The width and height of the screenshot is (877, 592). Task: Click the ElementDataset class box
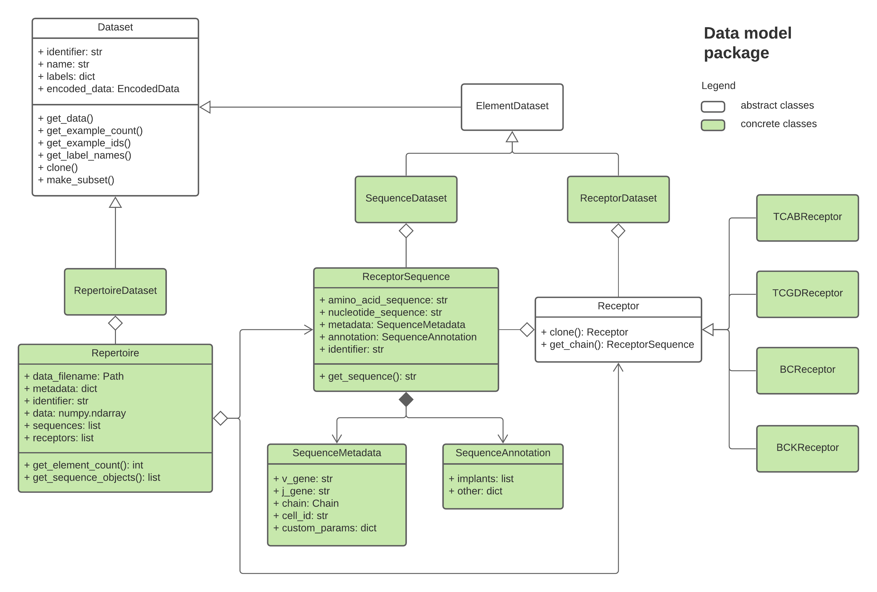coord(512,107)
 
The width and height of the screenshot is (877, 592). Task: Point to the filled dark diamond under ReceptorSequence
coord(406,399)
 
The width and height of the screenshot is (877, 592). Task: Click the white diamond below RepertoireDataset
coord(115,323)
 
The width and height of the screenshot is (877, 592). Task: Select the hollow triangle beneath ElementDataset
coord(512,137)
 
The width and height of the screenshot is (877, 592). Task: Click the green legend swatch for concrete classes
coord(713,125)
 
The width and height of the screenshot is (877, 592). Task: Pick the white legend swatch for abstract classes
coord(713,106)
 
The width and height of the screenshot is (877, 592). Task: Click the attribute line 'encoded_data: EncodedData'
coord(109,89)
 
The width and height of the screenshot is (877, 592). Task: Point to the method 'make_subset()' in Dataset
coord(76,180)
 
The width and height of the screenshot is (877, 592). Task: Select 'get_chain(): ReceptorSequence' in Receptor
coord(618,344)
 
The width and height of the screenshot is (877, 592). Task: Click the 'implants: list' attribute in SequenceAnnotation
coord(481,479)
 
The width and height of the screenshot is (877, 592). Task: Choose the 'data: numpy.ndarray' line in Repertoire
coord(75,413)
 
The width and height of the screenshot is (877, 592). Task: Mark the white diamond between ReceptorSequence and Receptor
coord(527,329)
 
